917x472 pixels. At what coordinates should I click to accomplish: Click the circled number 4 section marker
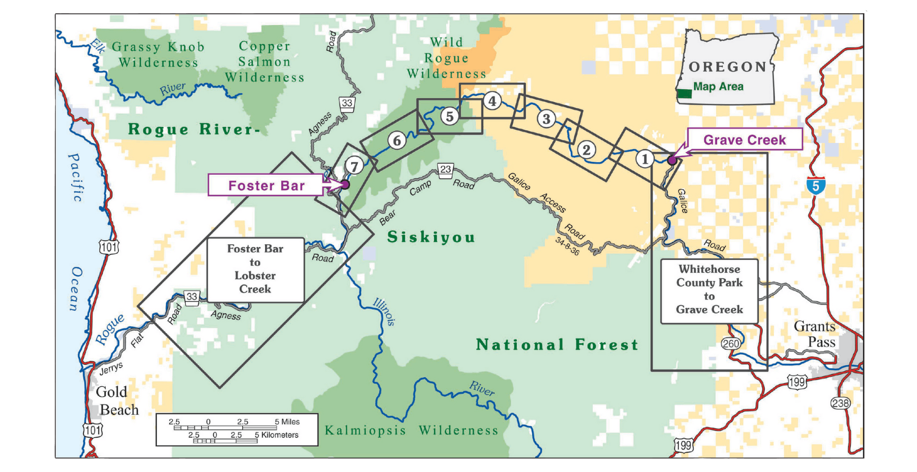492,101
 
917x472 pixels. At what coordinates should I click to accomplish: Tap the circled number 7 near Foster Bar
354,166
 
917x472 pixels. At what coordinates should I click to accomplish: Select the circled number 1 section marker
645,159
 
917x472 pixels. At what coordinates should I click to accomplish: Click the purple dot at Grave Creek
672,160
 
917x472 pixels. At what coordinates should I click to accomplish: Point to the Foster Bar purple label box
266,185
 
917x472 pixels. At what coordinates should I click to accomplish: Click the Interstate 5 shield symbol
816,186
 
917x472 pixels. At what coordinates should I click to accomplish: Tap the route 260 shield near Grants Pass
730,343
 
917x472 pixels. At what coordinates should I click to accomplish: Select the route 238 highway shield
840,403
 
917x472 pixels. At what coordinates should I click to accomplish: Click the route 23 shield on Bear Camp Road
446,170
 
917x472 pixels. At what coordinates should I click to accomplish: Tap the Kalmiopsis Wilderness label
411,430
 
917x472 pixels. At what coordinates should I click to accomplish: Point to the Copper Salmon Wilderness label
265,62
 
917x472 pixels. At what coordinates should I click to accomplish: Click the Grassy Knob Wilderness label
158,55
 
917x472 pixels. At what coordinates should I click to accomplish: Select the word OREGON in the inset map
728,67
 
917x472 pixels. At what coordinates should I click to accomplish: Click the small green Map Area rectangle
685,93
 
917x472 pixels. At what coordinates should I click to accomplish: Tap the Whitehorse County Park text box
709,290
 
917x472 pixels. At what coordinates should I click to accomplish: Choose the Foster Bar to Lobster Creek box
255,269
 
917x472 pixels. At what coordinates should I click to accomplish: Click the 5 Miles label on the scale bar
287,422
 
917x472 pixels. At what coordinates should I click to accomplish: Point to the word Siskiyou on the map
431,237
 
